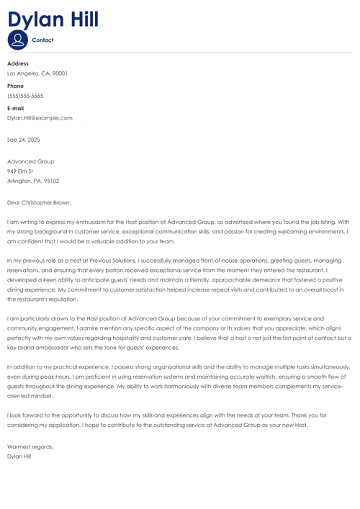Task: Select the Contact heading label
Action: [x=43, y=40]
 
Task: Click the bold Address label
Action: [x=18, y=63]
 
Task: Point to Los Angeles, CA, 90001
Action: [x=37, y=73]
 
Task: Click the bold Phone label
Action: [x=15, y=86]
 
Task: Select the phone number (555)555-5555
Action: [x=25, y=96]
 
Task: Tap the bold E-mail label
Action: [x=16, y=108]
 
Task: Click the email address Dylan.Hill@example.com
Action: [x=40, y=118]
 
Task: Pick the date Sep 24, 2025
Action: [x=24, y=140]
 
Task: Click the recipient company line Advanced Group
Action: [x=30, y=161]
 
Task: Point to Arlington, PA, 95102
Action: [x=33, y=181]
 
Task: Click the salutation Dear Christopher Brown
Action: [x=39, y=203]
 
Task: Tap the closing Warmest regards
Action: [x=30, y=446]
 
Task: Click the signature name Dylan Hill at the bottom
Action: [x=19, y=456]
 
